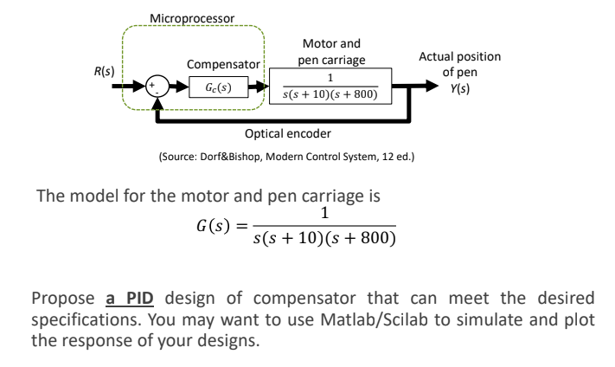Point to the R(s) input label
coord(113,69)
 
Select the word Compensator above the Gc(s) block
coord(223,65)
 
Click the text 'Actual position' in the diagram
coord(458,56)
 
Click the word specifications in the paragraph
coord(81,313)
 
